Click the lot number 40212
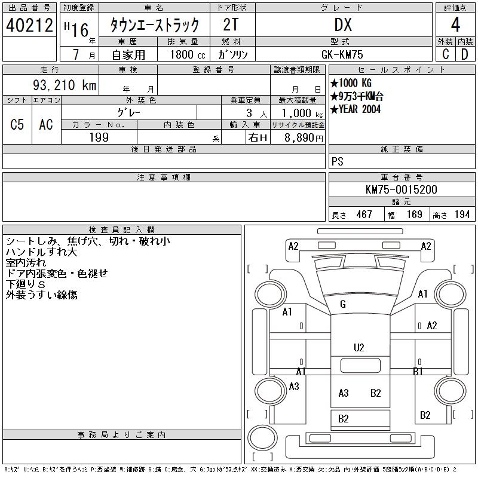point(29,24)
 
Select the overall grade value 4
point(455,24)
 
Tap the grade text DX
point(343,24)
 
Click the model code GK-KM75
point(342,54)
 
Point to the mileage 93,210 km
point(65,85)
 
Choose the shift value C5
point(17,124)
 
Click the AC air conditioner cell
point(46,124)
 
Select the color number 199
point(99,137)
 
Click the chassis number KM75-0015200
point(401,189)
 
